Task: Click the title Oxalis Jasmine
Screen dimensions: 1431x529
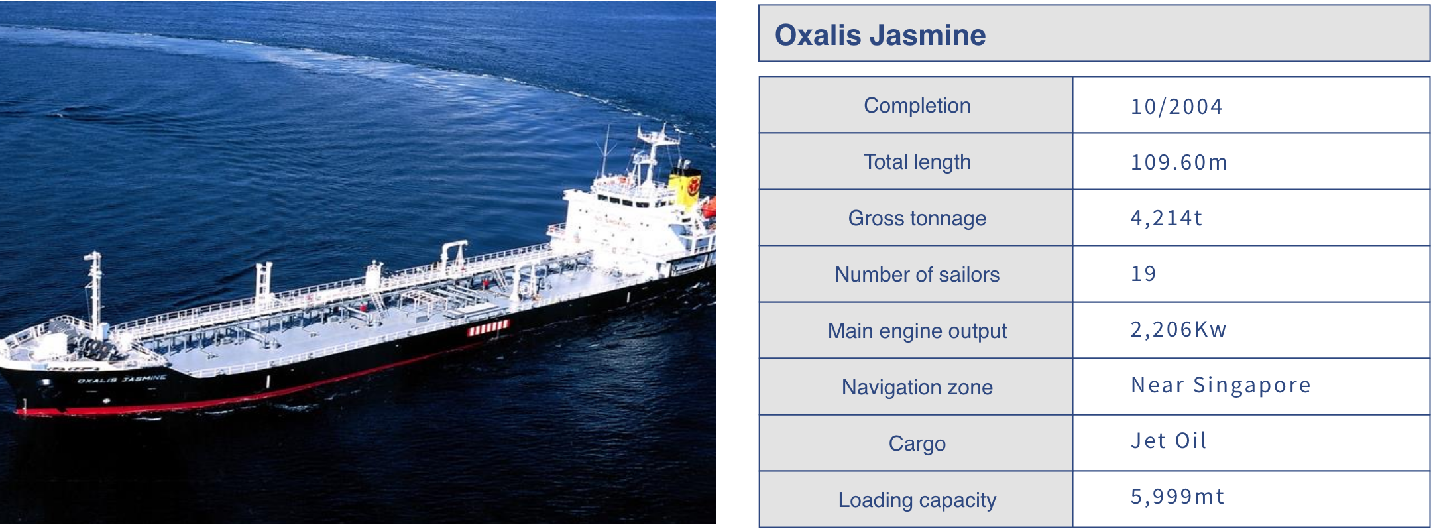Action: pyautogui.click(x=880, y=35)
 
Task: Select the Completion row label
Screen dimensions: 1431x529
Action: pyautogui.click(x=917, y=105)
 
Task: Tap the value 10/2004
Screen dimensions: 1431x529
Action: pyautogui.click(x=1176, y=107)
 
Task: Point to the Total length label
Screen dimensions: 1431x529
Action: pyautogui.click(x=917, y=162)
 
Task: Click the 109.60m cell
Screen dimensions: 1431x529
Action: pyautogui.click(x=1178, y=162)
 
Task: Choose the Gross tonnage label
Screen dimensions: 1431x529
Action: pyautogui.click(x=917, y=218)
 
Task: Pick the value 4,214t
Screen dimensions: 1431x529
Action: pyautogui.click(x=1166, y=218)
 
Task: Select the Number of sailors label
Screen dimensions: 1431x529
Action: pyautogui.click(x=917, y=274)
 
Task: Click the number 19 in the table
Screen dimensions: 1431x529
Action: pyautogui.click(x=1143, y=274)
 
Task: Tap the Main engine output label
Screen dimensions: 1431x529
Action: pyautogui.click(x=917, y=331)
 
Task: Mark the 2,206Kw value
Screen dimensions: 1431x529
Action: pyautogui.click(x=1178, y=329)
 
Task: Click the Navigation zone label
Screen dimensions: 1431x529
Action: pyautogui.click(x=917, y=387)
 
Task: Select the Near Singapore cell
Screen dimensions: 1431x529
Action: pyautogui.click(x=1221, y=385)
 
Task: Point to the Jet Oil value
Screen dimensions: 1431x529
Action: pyautogui.click(x=1169, y=441)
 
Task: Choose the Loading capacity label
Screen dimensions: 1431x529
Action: pyautogui.click(x=917, y=500)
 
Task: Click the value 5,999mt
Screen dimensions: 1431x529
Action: pyautogui.click(x=1177, y=497)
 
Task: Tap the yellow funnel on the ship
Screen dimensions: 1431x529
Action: pyautogui.click(x=685, y=187)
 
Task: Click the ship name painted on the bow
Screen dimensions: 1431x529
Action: pyautogui.click(x=121, y=379)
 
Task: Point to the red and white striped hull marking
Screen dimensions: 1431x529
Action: pyautogui.click(x=488, y=327)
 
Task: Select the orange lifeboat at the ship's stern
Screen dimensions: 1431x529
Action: pyautogui.click(x=709, y=207)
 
